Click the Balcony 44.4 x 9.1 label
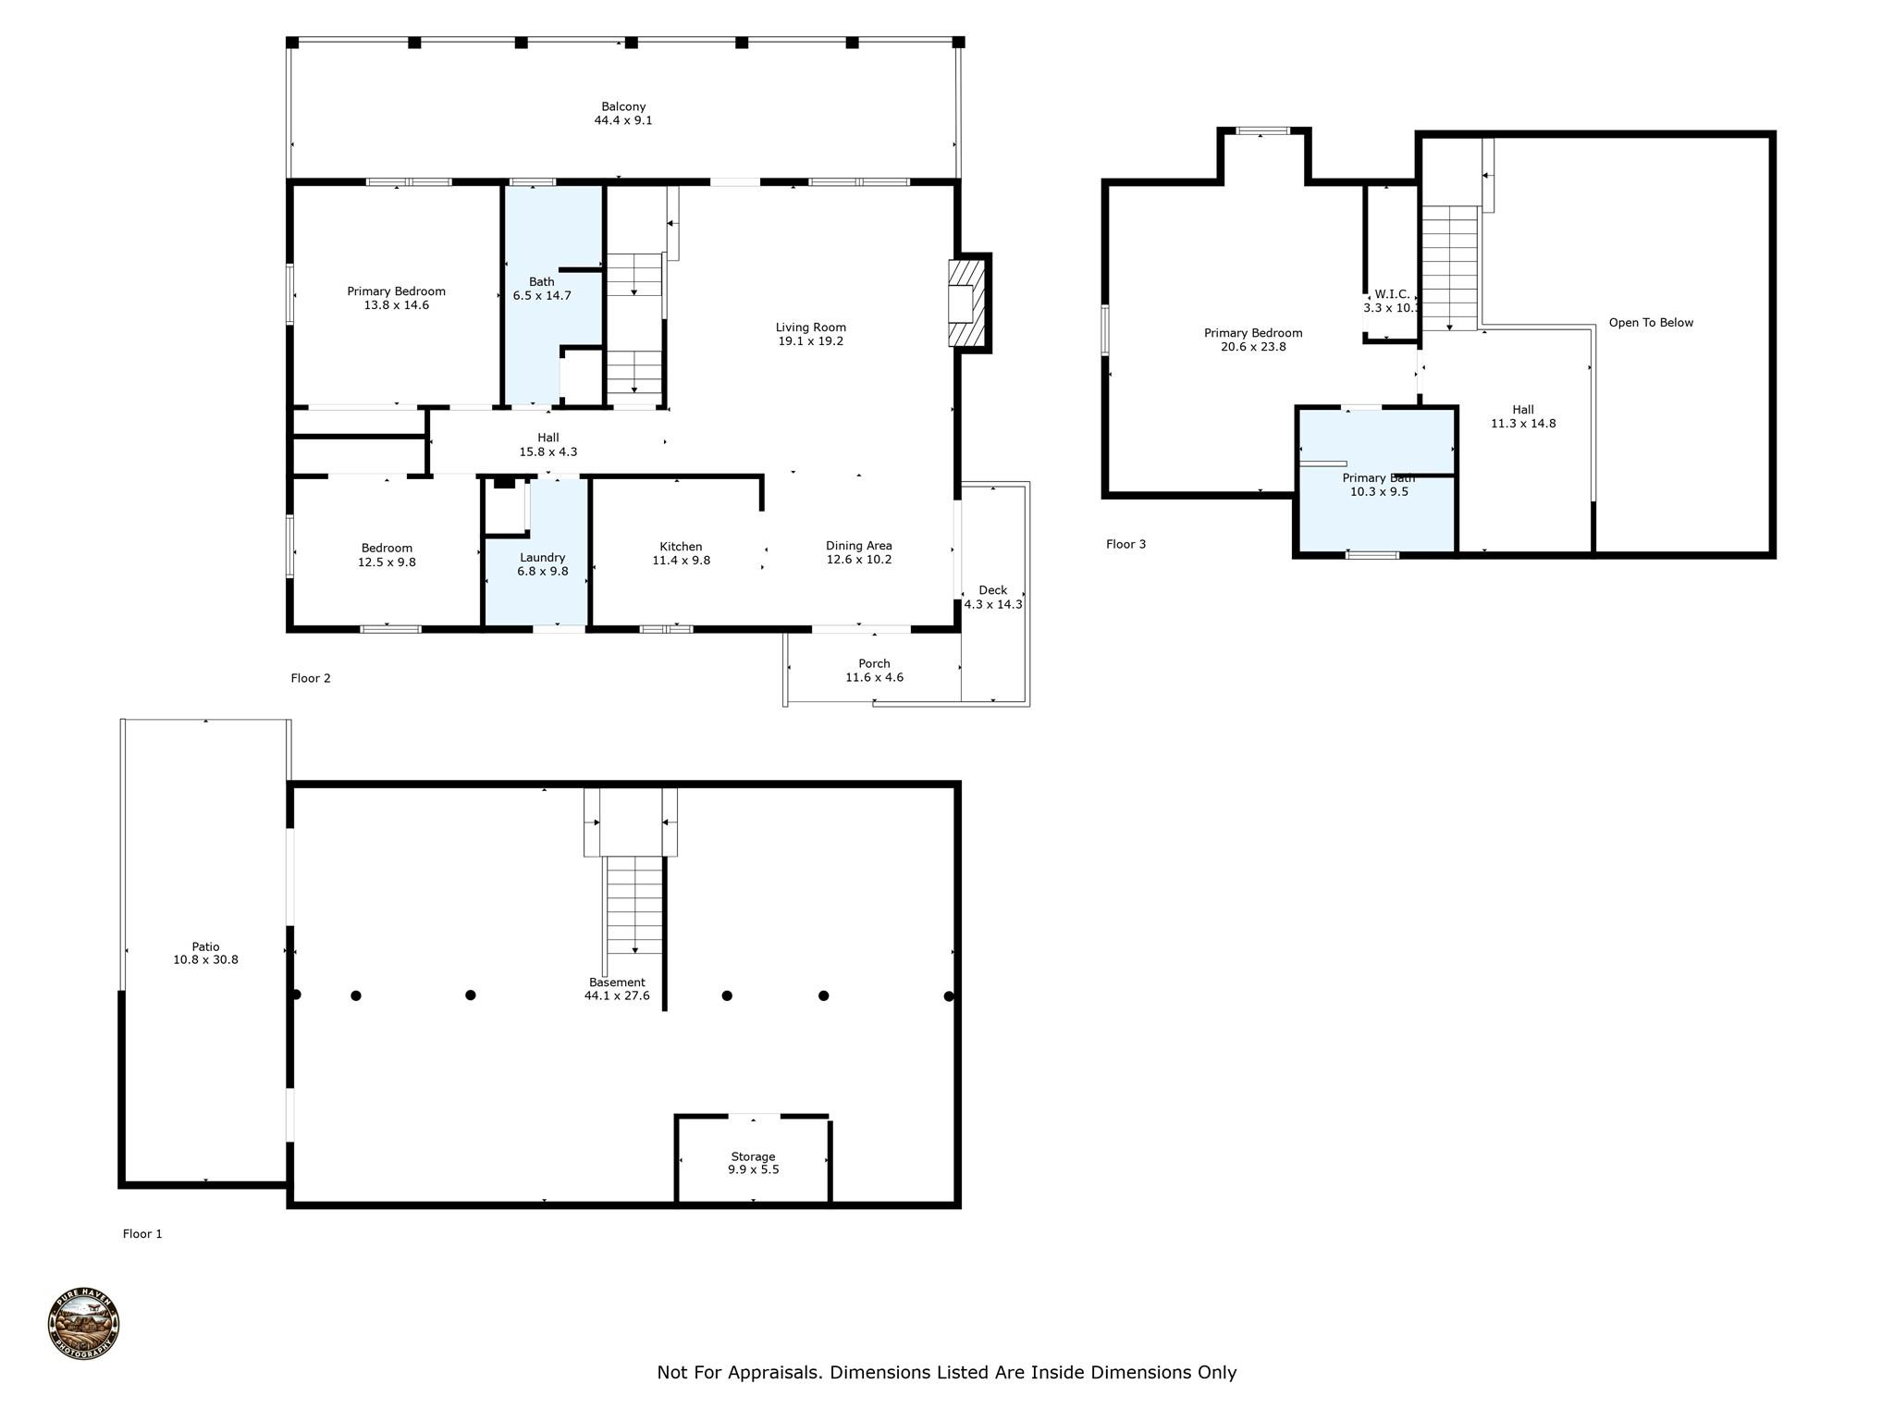[x=622, y=114]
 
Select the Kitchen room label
[x=681, y=547]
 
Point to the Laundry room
[x=542, y=564]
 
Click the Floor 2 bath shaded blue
[x=542, y=289]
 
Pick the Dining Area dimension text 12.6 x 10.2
[x=858, y=560]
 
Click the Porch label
[x=874, y=663]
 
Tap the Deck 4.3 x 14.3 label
[x=993, y=598]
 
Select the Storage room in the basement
[x=753, y=1163]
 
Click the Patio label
[x=205, y=946]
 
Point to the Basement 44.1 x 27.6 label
[x=617, y=989]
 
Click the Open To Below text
[x=1651, y=323]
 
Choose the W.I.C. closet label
[x=1390, y=294]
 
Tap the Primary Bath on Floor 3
[x=1378, y=485]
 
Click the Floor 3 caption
[x=1125, y=544]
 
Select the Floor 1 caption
[x=142, y=1233]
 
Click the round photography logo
[x=83, y=1324]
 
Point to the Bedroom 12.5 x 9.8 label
[x=387, y=555]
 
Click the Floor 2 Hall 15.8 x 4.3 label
[x=547, y=445]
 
